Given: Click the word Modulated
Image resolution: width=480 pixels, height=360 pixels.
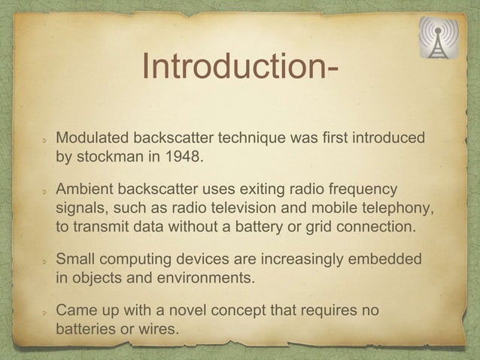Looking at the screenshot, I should click(93, 140).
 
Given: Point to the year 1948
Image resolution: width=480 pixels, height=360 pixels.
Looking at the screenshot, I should click(184, 159).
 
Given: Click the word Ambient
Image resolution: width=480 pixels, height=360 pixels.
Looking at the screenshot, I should click(87, 188).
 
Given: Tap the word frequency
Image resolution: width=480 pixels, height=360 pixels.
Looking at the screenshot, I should click(365, 188).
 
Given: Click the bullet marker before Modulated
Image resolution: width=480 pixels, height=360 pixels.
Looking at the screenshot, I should click(45, 141).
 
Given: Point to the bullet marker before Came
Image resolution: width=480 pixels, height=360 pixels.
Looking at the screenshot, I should click(45, 311).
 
